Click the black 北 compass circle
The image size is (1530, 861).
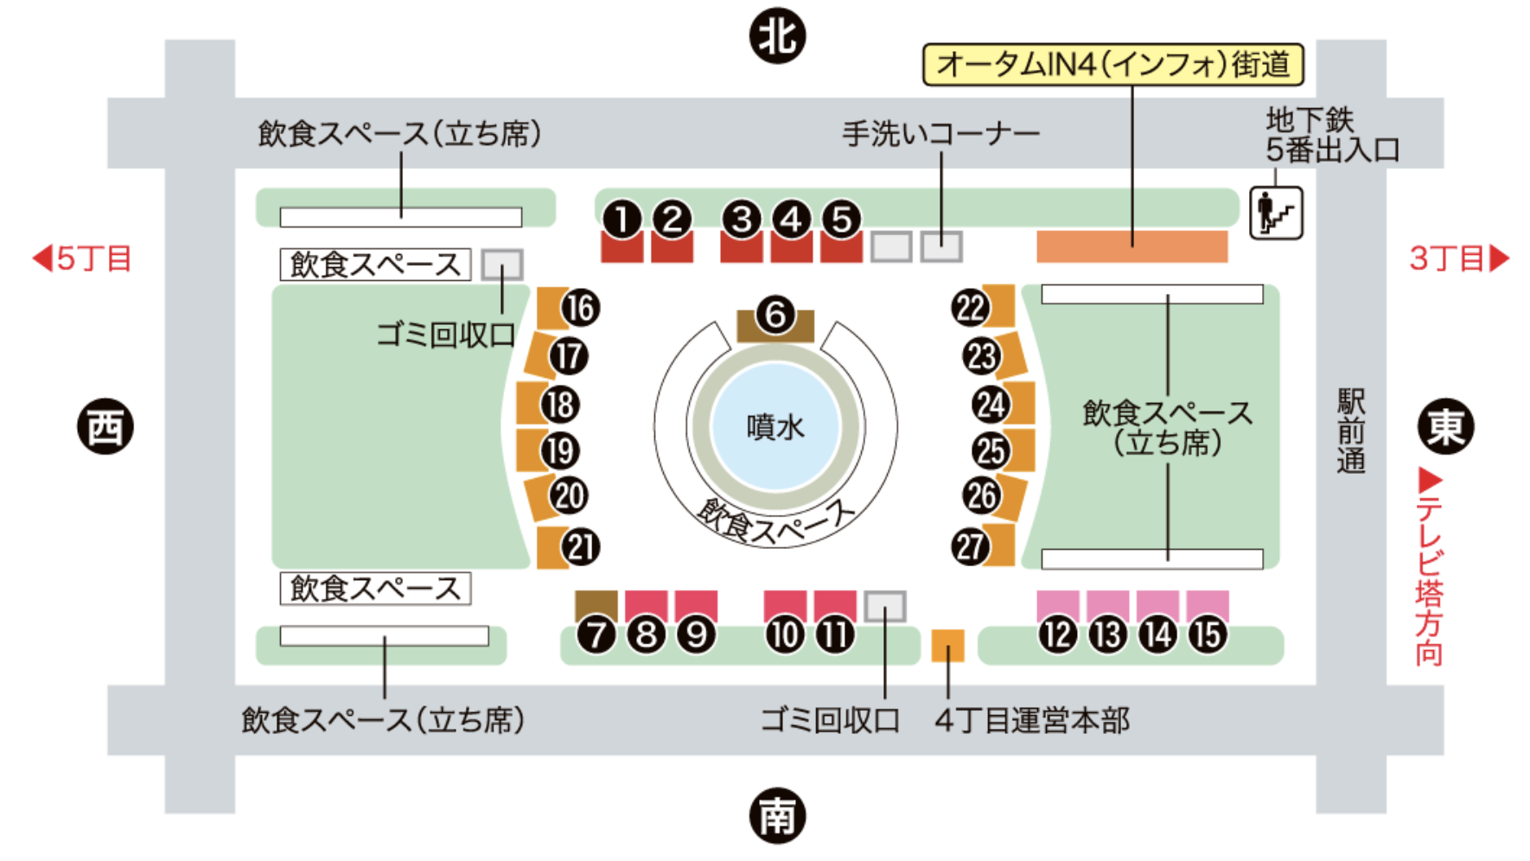point(777,36)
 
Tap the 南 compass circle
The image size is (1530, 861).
point(777,815)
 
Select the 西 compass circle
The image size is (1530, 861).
point(105,426)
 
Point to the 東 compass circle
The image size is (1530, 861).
point(1445,426)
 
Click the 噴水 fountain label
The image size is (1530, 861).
point(775,427)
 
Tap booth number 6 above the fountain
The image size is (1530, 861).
point(775,316)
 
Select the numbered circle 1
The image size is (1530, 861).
point(622,220)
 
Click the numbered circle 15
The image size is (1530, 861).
point(1208,635)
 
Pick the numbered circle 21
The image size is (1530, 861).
point(580,547)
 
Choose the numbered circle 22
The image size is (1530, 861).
point(970,307)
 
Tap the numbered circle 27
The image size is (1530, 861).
point(970,546)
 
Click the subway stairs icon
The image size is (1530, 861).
point(1276,213)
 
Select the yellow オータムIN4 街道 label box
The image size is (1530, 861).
point(1113,65)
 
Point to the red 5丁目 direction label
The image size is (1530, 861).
point(82,258)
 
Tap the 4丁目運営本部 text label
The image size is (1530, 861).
point(1032,720)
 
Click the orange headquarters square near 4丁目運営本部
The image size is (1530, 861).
point(947,646)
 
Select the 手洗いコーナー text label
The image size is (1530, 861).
point(940,134)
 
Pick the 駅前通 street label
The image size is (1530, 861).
point(1351,430)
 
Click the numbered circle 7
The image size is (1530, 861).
point(596,635)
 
